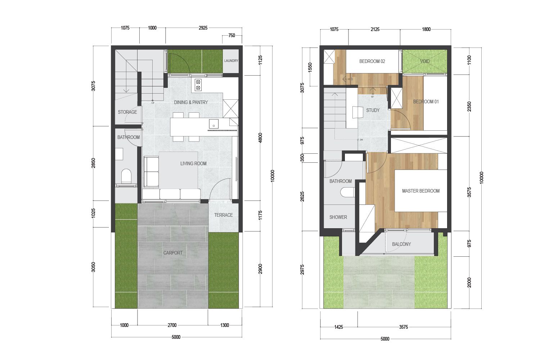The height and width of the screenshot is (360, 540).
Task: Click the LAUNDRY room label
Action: [231, 61]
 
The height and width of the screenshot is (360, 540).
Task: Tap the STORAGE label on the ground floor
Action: [127, 112]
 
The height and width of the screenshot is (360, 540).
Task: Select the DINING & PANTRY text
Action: [191, 102]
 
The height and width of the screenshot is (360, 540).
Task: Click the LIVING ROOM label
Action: [193, 163]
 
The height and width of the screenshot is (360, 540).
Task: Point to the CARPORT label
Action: [173, 253]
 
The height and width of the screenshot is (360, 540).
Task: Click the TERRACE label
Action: [224, 215]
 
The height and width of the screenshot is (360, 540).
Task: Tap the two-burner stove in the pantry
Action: [198, 85]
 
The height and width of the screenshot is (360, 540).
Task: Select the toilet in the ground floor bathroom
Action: [126, 176]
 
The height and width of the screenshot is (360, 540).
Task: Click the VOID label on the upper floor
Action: [425, 61]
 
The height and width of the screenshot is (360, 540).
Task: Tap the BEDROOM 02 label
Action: [372, 61]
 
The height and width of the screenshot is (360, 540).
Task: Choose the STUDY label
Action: [373, 110]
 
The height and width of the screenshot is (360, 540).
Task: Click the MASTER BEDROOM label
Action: [421, 191]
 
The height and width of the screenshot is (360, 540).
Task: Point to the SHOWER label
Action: [338, 217]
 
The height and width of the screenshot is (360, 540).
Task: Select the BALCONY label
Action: [401, 244]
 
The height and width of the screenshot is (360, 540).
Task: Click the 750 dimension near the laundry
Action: [231, 35]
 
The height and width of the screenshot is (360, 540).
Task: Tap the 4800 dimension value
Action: [260, 138]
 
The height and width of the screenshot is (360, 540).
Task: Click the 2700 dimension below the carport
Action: [172, 325]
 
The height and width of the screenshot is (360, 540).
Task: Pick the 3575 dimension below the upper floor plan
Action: [404, 327]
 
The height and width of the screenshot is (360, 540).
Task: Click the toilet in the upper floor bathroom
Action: [348, 193]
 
